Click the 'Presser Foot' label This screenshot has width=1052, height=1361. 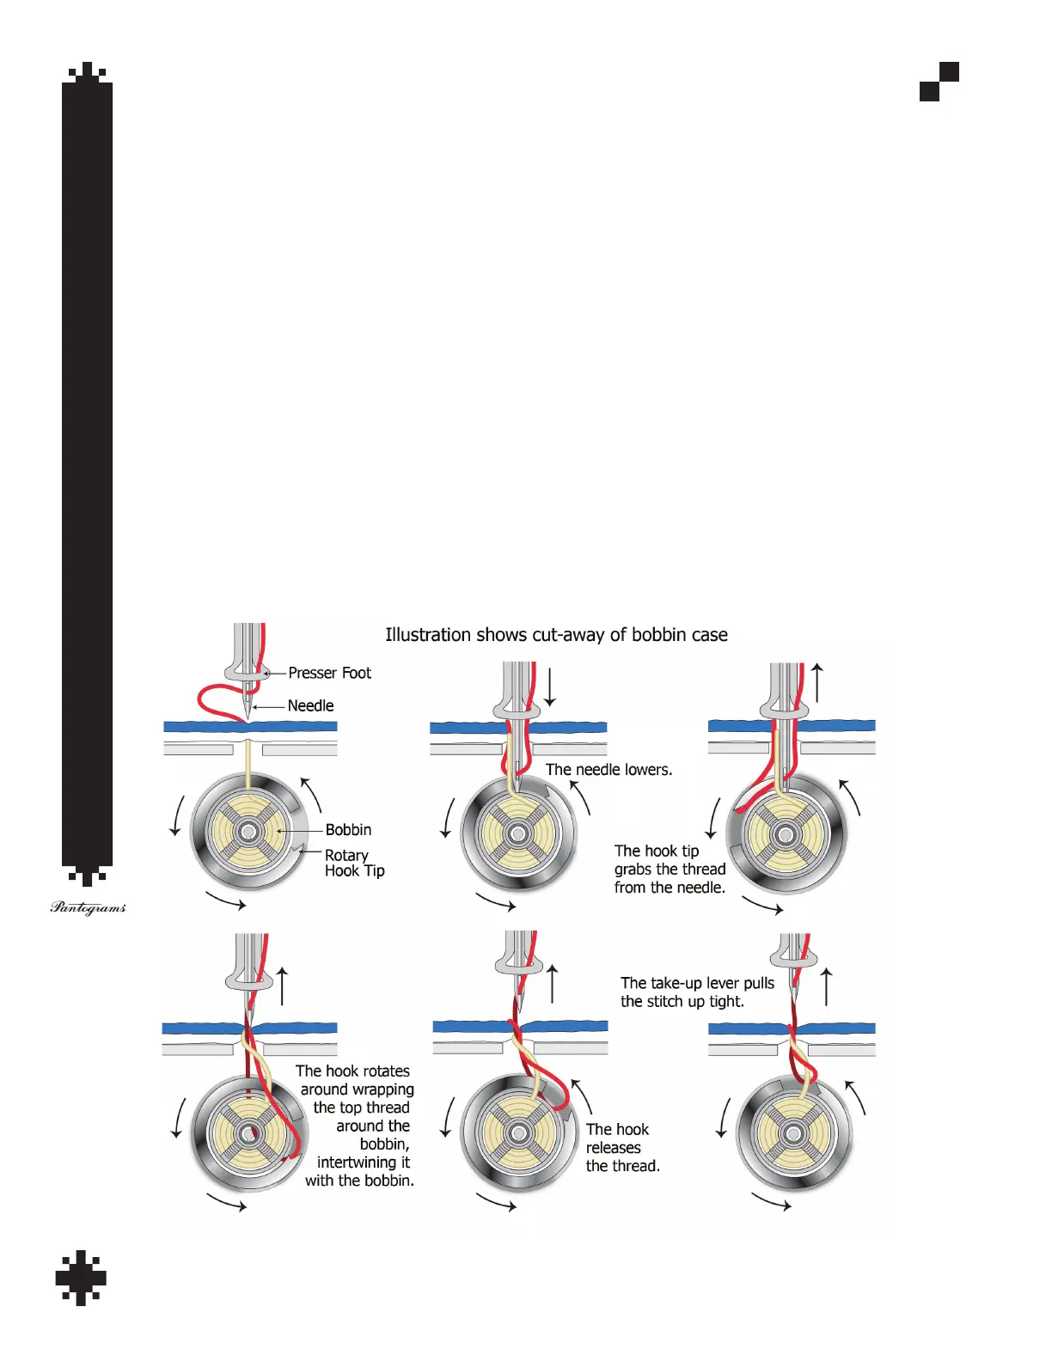tap(329, 673)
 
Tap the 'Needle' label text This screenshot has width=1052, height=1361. tap(310, 705)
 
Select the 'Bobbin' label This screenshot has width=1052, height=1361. tap(348, 829)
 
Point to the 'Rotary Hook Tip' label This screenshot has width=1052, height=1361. tap(354, 863)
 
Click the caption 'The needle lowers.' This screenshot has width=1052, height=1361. tap(609, 770)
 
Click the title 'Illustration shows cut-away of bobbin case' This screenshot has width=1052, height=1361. tap(556, 635)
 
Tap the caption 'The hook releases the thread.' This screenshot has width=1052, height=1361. tap(622, 1147)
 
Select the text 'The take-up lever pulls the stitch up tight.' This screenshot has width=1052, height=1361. tap(697, 992)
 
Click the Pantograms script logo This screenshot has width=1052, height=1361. tap(88, 907)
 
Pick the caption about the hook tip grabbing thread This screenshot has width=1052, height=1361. tap(670, 869)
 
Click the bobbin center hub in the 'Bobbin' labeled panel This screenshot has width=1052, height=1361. tap(249, 831)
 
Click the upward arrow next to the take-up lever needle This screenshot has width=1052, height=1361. tap(827, 986)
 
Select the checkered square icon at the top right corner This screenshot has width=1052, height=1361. tap(939, 82)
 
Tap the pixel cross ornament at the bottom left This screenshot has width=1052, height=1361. tap(81, 1277)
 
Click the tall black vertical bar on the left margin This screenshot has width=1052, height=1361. tap(87, 473)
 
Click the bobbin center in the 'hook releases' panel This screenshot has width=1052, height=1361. tap(518, 1133)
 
